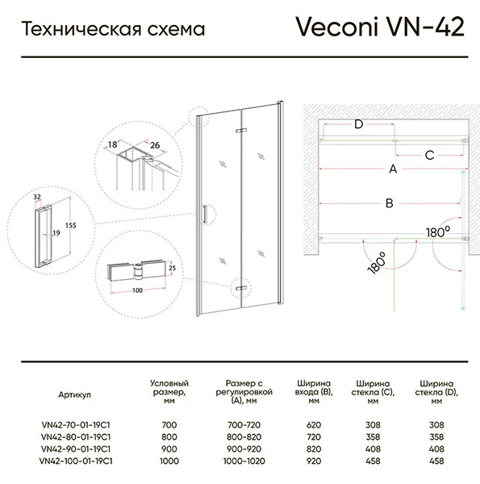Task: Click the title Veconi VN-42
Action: (x=380, y=27)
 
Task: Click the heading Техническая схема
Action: (x=113, y=29)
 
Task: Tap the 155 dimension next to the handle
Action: (x=71, y=225)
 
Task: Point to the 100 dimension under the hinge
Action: (x=138, y=290)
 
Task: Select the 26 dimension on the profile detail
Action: (x=155, y=144)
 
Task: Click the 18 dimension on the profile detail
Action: (x=112, y=144)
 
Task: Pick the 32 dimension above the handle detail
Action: (x=37, y=197)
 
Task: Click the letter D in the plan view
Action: (x=358, y=124)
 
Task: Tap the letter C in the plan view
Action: (x=429, y=155)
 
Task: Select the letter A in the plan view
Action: (x=393, y=169)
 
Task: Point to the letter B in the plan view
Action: (x=390, y=203)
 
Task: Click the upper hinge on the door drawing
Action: (x=241, y=131)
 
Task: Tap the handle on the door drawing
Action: (x=204, y=214)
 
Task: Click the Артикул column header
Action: (x=75, y=394)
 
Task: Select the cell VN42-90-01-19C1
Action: (x=76, y=449)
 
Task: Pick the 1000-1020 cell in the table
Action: (x=244, y=461)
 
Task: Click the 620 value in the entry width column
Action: (x=314, y=425)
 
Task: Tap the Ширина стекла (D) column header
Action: (x=436, y=392)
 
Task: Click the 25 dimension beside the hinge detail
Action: (x=173, y=268)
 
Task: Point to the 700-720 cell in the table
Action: (x=244, y=425)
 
